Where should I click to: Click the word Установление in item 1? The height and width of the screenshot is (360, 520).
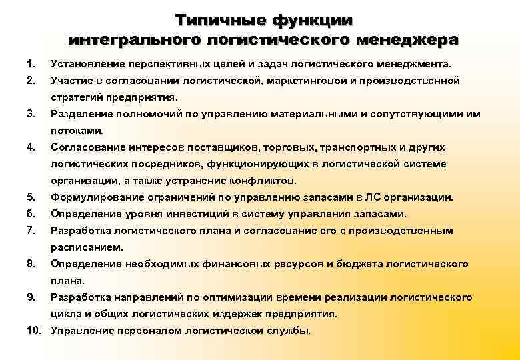(84, 64)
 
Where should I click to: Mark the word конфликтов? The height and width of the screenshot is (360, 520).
(265, 181)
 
